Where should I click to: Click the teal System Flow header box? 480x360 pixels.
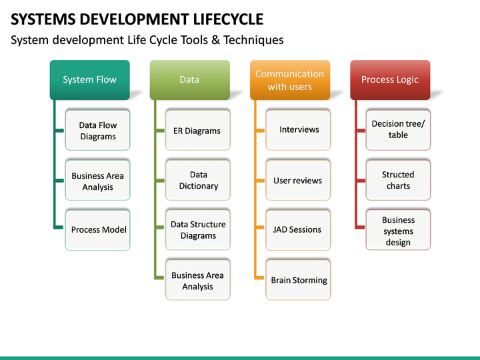[x=89, y=80]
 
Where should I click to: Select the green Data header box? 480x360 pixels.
[x=189, y=80]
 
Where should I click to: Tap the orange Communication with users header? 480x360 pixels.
[x=289, y=80]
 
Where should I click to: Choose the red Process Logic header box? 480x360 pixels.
[x=389, y=80]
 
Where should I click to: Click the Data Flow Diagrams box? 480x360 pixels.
[x=97, y=131]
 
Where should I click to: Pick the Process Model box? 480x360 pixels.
[x=98, y=230]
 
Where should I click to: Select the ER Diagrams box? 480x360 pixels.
[x=197, y=131]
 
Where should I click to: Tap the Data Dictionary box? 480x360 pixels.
[x=198, y=181]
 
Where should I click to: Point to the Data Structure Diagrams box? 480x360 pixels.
[x=198, y=230]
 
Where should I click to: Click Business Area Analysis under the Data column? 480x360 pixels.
[x=198, y=281]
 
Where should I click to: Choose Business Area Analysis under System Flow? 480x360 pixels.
[x=97, y=181]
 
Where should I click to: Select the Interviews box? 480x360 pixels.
[x=298, y=130]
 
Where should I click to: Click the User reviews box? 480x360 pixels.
[x=297, y=181]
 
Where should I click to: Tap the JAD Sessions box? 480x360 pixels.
[x=297, y=230]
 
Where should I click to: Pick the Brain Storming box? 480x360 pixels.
[x=298, y=281]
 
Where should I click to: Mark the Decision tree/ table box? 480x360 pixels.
[x=398, y=129]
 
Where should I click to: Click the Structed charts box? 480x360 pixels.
[x=398, y=180]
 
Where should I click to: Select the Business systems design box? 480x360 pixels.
[x=398, y=231]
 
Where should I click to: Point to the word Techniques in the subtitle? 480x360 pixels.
[x=253, y=40]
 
